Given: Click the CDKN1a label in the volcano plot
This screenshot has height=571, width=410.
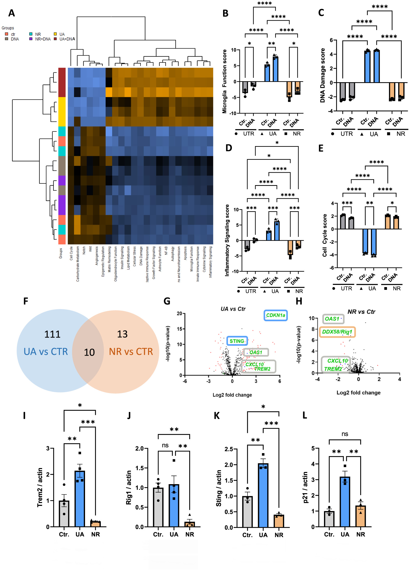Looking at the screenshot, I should coord(275,315).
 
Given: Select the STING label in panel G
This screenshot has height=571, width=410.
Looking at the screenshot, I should coord(237,341).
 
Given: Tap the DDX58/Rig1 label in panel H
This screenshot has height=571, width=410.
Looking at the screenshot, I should coord(337,332).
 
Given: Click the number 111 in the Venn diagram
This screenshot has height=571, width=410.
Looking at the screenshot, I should coord(53,334).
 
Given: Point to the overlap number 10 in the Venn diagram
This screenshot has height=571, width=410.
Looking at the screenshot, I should coord(89,352).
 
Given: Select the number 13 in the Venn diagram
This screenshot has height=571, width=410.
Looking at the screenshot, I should coord(122,334).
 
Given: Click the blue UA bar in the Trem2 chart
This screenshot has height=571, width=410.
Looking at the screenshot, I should coord(80,501).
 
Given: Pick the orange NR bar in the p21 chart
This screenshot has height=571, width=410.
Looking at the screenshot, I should coord(361,516).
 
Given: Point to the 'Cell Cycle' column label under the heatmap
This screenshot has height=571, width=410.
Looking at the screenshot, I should coord(71,253).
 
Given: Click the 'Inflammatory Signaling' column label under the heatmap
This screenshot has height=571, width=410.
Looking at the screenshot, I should coord(210,262).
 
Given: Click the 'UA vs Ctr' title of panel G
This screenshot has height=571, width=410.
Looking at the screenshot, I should coord(233,309).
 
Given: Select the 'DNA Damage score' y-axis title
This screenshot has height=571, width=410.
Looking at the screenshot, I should coord(322,75).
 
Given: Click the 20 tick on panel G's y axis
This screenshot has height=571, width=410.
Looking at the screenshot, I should coord(179,313).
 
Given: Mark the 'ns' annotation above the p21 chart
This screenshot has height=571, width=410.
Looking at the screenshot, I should coord(345,434).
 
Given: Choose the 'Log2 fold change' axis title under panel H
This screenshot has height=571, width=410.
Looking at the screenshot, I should coord(358,392).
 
